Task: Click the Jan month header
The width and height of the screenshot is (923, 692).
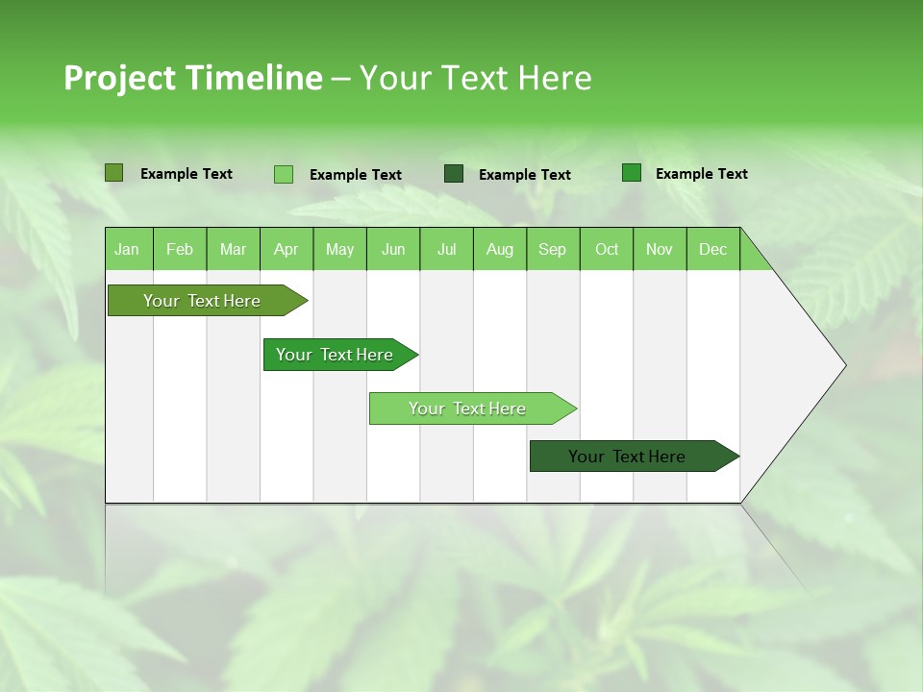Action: coord(127,249)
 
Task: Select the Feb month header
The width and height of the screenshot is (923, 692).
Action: coord(180,249)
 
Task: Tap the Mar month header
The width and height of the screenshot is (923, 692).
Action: coord(233,249)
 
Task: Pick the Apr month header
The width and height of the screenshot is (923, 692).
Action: coord(287,249)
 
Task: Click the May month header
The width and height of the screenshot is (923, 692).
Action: coord(339,249)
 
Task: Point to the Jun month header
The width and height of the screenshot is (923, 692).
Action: coord(393,249)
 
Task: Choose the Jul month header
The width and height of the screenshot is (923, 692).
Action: coord(446,249)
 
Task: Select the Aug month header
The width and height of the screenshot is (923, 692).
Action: coord(500,249)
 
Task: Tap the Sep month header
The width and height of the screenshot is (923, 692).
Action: coord(553,249)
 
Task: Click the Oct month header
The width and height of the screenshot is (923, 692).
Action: coord(607,249)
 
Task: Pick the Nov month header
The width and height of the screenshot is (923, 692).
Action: coord(660,249)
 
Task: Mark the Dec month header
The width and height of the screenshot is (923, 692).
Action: coord(713,249)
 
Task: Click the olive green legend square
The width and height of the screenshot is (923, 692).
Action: coord(114,173)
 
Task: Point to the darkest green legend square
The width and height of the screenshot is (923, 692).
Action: coord(454,174)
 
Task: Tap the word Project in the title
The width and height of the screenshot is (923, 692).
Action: coord(119,78)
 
